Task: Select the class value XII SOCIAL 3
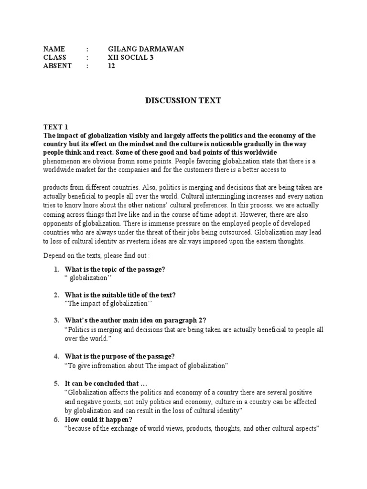131,58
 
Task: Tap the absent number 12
111,66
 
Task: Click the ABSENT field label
57,66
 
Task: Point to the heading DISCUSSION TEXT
183,101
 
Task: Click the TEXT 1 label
56,127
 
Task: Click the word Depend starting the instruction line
54,256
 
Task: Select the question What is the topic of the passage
115,269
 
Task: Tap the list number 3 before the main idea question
56,321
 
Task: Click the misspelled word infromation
105,366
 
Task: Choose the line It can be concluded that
101,383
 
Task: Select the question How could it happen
98,420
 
